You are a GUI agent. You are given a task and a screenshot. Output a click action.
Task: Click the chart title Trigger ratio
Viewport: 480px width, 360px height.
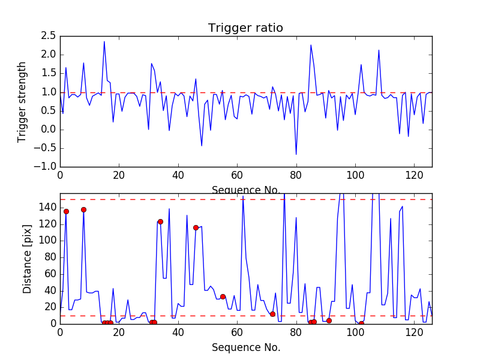click(x=245, y=28)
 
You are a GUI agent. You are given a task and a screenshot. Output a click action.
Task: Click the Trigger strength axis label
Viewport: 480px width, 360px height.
click(x=22, y=101)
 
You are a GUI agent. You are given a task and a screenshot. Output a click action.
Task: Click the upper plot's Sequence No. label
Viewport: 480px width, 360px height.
click(x=245, y=190)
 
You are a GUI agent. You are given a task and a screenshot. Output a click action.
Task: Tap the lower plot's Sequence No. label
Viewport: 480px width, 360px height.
click(x=245, y=347)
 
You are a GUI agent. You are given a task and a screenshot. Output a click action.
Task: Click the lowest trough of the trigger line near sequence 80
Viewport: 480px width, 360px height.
click(x=296, y=155)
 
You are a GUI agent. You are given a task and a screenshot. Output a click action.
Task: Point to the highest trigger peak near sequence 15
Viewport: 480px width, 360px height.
click(x=104, y=41)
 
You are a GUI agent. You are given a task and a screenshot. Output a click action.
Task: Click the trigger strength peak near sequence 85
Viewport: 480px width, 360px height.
click(x=311, y=45)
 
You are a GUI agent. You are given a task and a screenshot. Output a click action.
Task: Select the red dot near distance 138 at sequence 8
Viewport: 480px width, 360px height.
click(x=83, y=209)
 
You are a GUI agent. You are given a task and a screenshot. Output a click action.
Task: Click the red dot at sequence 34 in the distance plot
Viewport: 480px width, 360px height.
click(x=160, y=221)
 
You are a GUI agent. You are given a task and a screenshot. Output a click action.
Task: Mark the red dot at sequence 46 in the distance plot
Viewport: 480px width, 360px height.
click(x=196, y=227)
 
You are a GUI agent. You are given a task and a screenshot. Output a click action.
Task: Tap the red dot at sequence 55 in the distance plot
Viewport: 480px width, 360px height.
click(x=223, y=296)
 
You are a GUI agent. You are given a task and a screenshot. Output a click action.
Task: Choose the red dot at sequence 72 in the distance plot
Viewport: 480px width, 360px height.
click(x=272, y=314)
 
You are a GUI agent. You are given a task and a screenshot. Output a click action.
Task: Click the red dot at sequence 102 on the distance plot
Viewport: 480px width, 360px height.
click(x=361, y=323)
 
